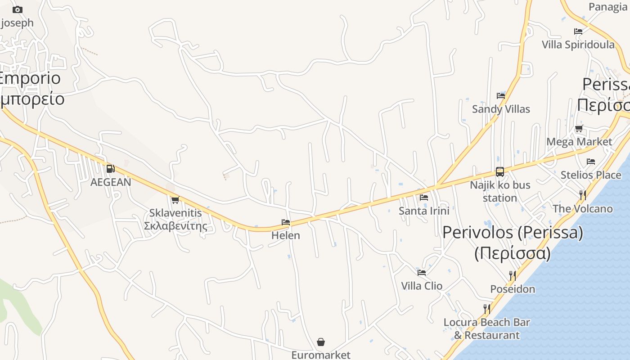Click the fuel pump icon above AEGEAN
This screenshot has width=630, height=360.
click(x=110, y=169)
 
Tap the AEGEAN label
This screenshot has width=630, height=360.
click(x=111, y=182)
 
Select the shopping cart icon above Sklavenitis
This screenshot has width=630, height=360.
click(x=175, y=200)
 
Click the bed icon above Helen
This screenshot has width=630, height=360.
click(x=286, y=222)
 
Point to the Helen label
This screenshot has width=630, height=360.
click(x=286, y=235)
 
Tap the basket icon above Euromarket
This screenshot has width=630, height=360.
click(x=321, y=342)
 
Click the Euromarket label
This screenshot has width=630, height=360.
click(x=321, y=355)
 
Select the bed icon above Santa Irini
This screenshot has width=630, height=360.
click(x=423, y=197)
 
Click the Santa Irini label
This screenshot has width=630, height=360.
click(x=424, y=211)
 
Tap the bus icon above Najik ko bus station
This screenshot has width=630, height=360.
click(x=500, y=171)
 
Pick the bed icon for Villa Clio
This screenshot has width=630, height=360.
click(x=422, y=272)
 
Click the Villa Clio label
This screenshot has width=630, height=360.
click(x=422, y=286)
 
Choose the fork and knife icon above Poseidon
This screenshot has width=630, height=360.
click(x=513, y=275)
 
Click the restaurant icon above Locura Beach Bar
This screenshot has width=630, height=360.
click(x=486, y=309)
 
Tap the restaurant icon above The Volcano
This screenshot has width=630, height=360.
click(x=582, y=195)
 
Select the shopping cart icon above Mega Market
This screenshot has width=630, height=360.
click(x=579, y=129)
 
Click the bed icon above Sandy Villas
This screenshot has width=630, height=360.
click(x=501, y=95)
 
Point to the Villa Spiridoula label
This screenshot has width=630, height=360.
click(x=578, y=45)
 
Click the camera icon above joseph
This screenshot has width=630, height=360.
click(x=18, y=9)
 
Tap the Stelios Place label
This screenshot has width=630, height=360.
click(x=591, y=175)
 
